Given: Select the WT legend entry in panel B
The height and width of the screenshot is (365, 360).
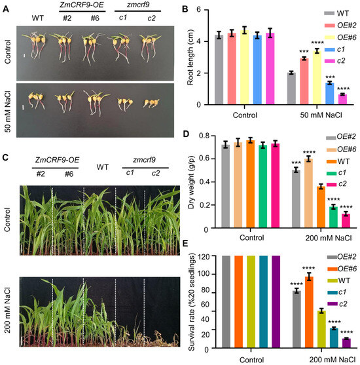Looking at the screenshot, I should [335, 12].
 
